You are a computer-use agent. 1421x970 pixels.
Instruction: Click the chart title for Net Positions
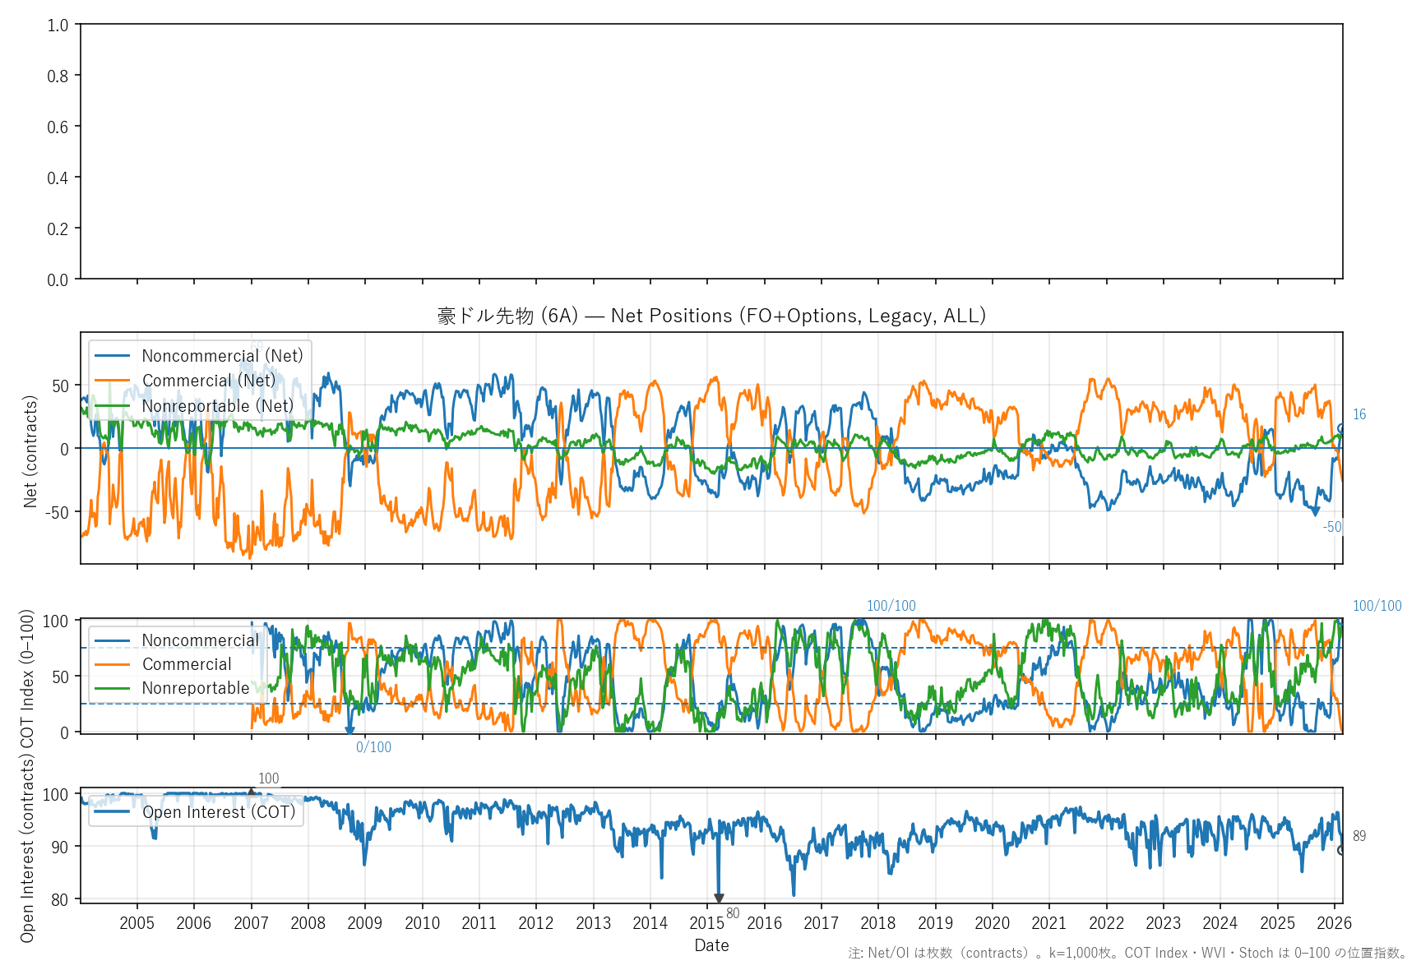pos(711,316)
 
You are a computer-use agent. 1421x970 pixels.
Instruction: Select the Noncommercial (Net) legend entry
pos(222,356)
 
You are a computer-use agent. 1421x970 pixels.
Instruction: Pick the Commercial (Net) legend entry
pos(209,381)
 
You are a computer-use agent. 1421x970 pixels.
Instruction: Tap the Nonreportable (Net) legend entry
pos(217,406)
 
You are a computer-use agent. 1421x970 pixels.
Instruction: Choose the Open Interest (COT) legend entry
pos(219,812)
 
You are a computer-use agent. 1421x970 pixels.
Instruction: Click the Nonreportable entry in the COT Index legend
pos(195,688)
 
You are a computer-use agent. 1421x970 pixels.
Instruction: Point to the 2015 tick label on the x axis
pos(707,923)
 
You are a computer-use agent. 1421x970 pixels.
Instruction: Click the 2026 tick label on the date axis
pos(1334,923)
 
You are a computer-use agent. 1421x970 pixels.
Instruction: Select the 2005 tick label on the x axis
pos(137,923)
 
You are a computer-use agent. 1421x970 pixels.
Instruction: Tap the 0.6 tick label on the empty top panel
pos(58,127)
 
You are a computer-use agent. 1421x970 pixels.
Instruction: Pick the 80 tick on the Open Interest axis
pos(59,899)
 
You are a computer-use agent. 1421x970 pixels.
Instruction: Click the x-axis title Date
pos(711,945)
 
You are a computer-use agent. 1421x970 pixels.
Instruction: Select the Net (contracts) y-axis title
pos(30,451)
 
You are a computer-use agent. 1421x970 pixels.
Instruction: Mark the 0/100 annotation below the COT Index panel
pos(373,747)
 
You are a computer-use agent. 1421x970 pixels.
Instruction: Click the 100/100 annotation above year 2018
pos(891,606)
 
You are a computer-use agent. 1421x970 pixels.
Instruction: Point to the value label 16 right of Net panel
pos(1359,414)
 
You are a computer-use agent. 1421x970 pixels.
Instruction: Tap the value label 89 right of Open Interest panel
pos(1359,836)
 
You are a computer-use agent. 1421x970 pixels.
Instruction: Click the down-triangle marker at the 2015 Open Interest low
pos(719,898)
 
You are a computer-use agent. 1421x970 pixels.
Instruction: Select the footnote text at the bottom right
pos(1127,953)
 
